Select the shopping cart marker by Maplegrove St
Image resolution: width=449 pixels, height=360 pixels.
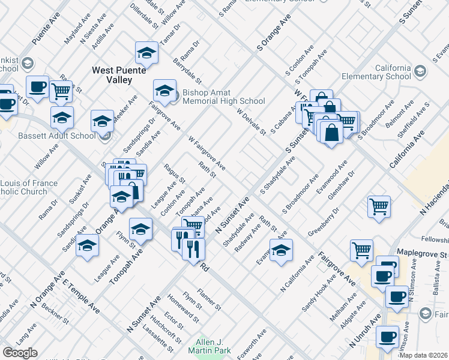(x=362, y=251)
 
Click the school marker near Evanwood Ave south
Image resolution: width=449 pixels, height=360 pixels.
(x=280, y=251)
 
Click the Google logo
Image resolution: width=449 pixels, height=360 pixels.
(x=20, y=353)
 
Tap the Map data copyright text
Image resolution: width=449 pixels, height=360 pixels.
(x=423, y=355)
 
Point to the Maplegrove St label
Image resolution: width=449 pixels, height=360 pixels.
(x=423, y=254)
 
